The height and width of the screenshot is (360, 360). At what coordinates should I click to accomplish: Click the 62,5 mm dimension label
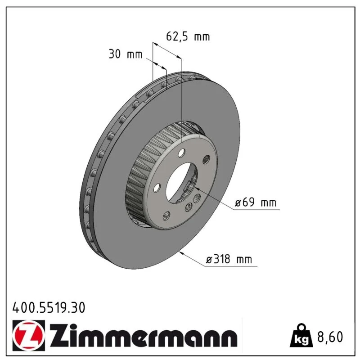coord(188,37)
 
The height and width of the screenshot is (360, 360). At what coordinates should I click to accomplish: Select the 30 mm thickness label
coord(126,54)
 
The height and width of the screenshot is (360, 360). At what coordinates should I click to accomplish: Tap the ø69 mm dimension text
coord(256,202)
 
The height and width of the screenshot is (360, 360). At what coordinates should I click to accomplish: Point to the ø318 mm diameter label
coord(229,260)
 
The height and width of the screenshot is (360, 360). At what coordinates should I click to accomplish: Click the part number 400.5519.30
coord(49,308)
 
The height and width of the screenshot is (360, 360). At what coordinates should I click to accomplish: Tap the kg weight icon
coord(301,336)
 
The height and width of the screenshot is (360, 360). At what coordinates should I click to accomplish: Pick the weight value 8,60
coord(330,337)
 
